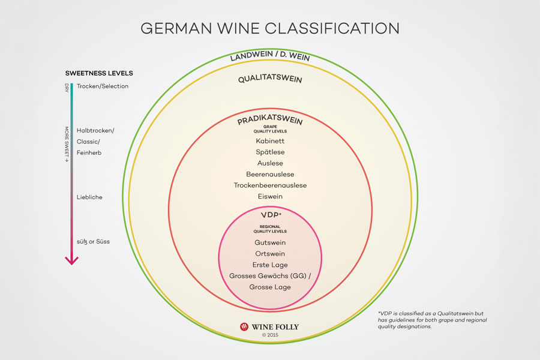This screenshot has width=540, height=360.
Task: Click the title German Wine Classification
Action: click(270, 28)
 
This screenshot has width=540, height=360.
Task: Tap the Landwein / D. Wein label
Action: click(270, 56)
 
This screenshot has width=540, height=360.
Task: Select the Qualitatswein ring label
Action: click(270, 79)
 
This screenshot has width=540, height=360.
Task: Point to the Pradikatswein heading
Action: click(270, 119)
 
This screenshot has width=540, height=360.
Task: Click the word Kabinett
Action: click(270, 141)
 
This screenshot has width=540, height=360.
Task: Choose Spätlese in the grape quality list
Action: click(270, 152)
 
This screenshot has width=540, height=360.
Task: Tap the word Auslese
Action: click(270, 163)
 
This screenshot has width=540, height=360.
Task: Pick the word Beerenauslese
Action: click(270, 175)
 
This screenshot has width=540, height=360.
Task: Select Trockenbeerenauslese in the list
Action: click(270, 185)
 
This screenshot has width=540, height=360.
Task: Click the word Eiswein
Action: click(270, 196)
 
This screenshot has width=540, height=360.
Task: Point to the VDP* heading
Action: click(271, 215)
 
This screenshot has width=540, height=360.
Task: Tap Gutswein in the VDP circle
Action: click(270, 242)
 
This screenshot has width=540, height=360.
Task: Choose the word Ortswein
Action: click(270, 254)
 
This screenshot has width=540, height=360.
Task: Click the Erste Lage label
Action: click(270, 265)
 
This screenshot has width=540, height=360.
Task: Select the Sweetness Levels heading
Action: click(99, 73)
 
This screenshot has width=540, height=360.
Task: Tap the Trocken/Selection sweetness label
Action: click(102, 86)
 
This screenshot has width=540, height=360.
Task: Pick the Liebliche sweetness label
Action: click(89, 197)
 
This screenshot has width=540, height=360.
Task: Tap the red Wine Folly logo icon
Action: click(244, 326)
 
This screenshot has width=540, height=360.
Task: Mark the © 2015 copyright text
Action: click(270, 335)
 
